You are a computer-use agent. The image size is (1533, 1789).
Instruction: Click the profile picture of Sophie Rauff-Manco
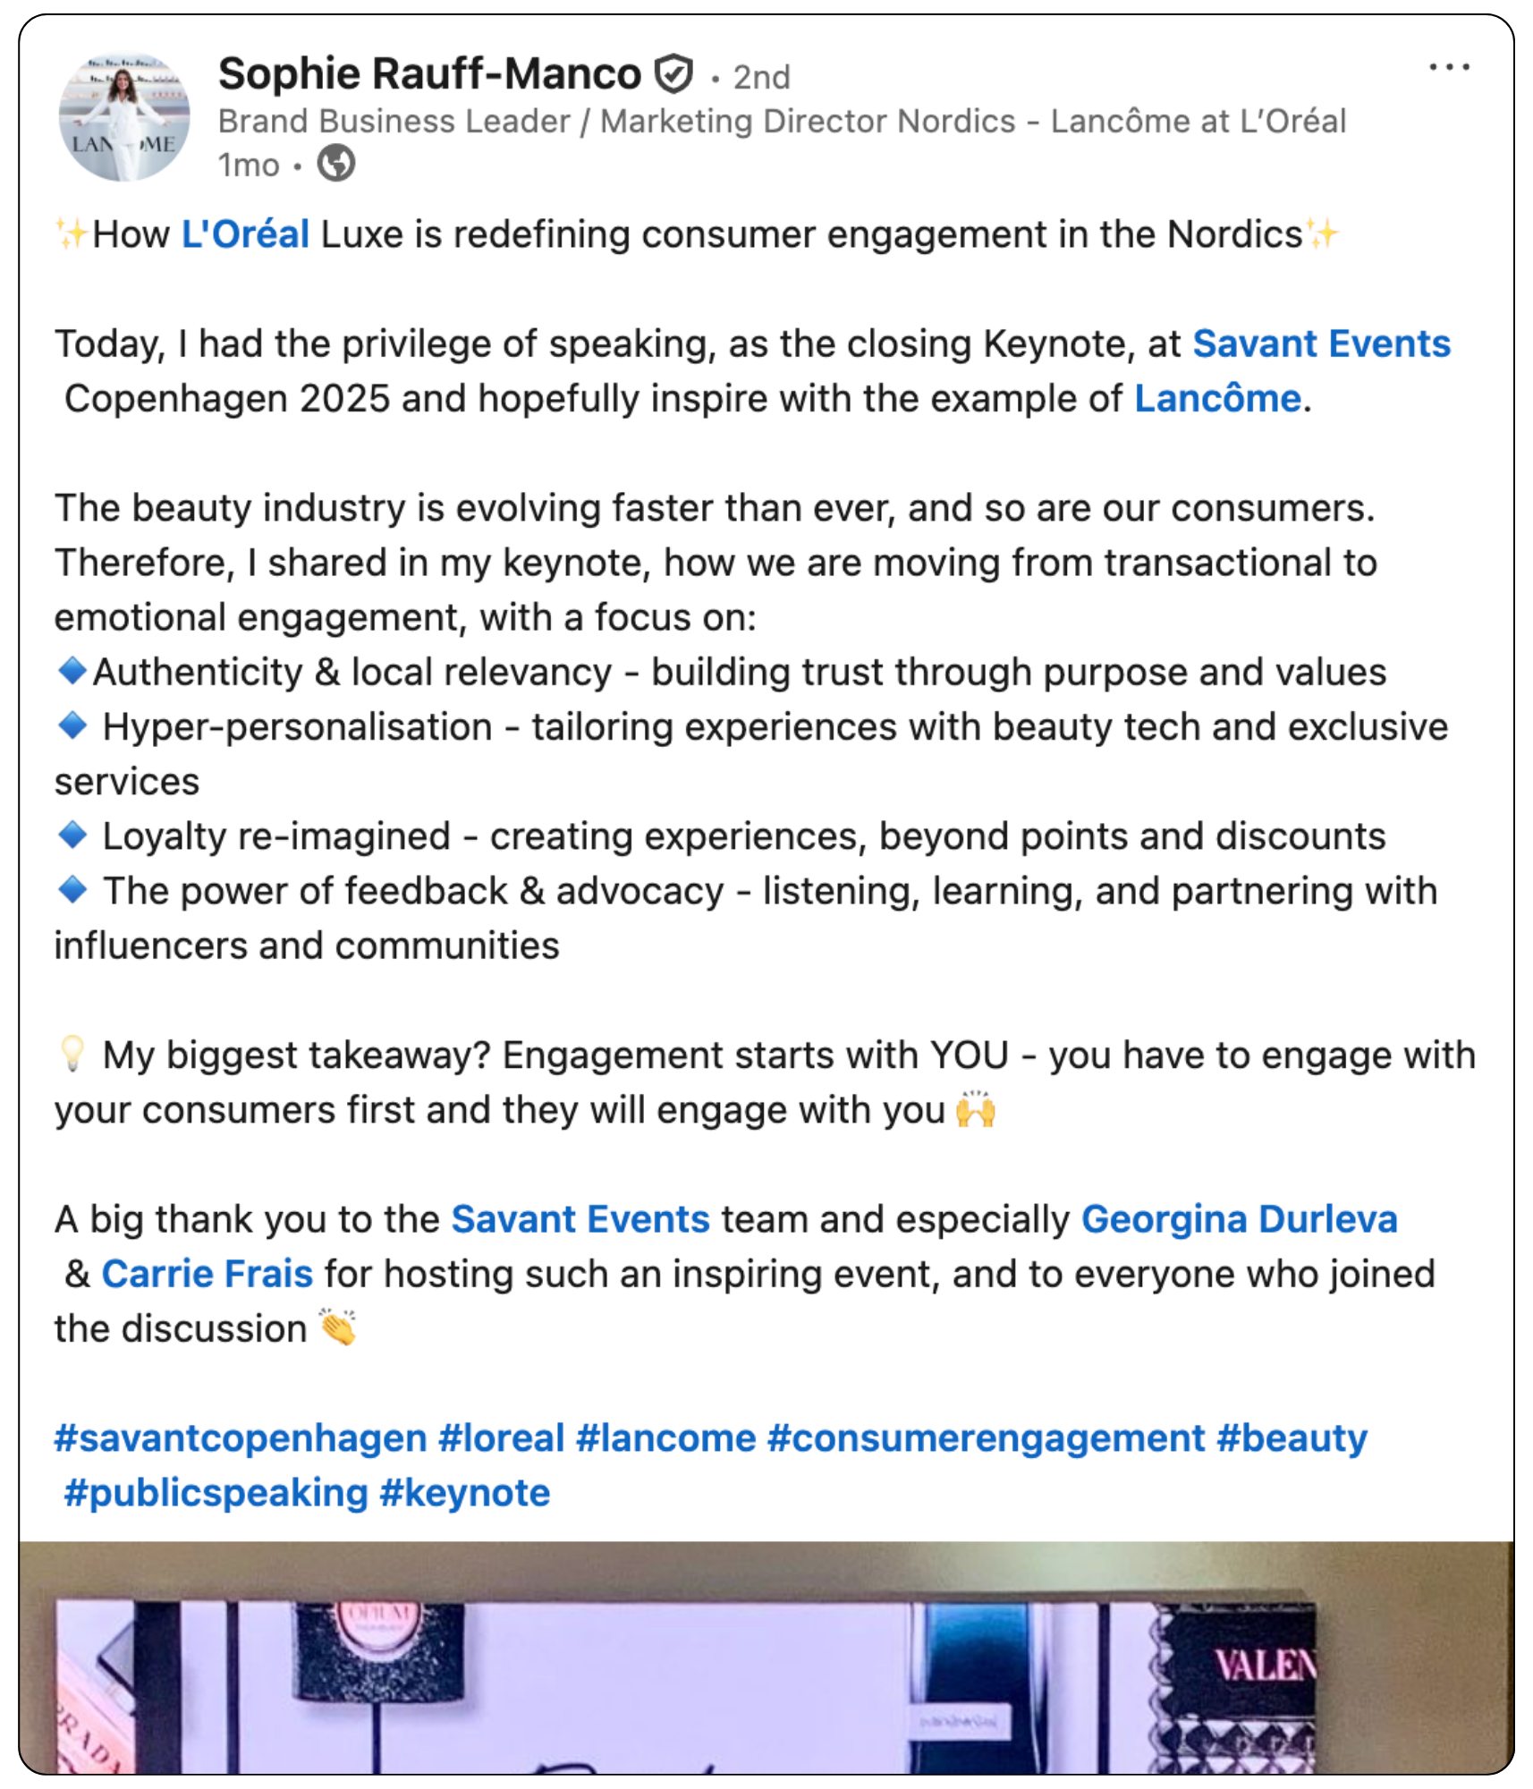pyautogui.click(x=124, y=117)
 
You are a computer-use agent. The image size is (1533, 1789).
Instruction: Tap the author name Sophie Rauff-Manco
pyautogui.click(x=429, y=74)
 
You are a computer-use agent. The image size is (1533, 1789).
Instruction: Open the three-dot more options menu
pyautogui.click(x=1449, y=68)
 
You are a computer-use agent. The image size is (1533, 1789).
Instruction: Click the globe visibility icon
pyautogui.click(x=336, y=164)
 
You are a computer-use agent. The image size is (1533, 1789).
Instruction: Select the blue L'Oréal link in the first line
pyautogui.click(x=246, y=235)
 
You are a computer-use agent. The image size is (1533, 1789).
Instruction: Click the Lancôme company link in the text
pyautogui.click(x=1217, y=399)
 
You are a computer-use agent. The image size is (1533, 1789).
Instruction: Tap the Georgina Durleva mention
pyautogui.click(x=1239, y=1220)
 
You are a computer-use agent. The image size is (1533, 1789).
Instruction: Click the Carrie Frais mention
pyautogui.click(x=208, y=1275)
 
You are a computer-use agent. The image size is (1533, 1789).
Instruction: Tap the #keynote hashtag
pyautogui.click(x=465, y=1494)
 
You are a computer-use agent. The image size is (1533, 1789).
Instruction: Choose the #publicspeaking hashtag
pyautogui.click(x=216, y=1494)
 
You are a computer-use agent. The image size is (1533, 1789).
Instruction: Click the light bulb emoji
pyautogui.click(x=72, y=1054)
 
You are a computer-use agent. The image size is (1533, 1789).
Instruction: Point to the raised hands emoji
pyautogui.click(x=976, y=1111)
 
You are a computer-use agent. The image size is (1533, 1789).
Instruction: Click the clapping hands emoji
pyautogui.click(x=338, y=1327)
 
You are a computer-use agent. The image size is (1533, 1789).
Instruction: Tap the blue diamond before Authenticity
pyautogui.click(x=72, y=670)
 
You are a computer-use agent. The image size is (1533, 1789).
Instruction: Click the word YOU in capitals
pyautogui.click(x=970, y=1056)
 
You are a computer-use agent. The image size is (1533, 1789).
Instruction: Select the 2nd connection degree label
pyautogui.click(x=761, y=78)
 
